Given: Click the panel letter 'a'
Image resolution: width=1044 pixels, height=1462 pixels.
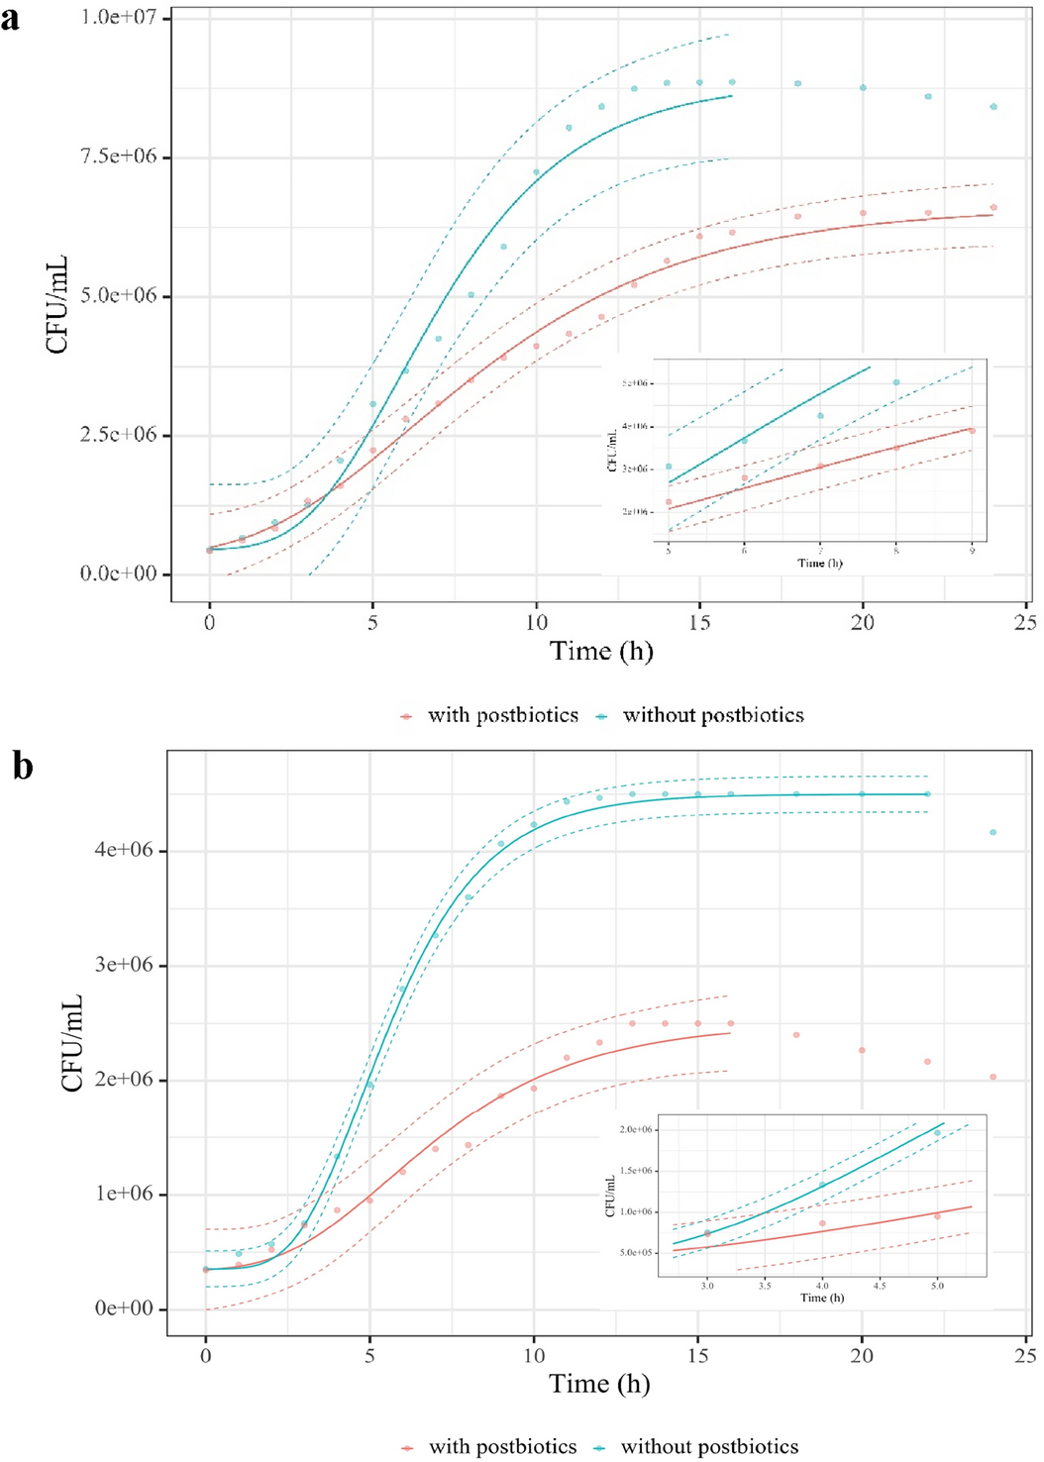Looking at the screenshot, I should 11,18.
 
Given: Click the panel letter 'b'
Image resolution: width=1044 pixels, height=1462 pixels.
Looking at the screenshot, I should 22,766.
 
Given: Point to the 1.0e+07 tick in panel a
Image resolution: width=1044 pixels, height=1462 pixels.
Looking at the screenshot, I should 119,18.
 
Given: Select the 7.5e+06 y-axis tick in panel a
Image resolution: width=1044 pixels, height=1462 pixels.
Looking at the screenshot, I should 119,157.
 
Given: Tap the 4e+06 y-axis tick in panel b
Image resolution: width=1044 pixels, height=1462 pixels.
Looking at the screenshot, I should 124,850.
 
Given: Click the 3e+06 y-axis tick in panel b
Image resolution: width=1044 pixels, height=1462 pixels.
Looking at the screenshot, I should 124,965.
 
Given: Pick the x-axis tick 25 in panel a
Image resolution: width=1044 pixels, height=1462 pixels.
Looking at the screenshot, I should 1025,622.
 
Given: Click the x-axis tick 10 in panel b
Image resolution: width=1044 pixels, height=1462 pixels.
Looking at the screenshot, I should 534,1355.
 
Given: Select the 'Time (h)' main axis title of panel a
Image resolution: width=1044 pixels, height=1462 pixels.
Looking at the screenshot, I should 601,651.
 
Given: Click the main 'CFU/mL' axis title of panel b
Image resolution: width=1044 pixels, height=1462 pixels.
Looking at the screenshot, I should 71,1043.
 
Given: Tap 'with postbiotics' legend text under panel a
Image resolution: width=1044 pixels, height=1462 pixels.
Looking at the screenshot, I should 502,715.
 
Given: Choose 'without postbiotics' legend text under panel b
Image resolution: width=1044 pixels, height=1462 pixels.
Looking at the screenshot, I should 709,1446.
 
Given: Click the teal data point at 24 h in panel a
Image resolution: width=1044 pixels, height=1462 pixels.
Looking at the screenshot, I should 993,107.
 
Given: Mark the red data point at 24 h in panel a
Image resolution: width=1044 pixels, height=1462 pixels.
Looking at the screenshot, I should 993,208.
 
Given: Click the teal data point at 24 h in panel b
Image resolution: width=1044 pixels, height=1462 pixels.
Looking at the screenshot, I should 992,832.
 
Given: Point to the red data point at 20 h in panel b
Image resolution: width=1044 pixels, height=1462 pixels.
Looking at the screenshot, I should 862,1050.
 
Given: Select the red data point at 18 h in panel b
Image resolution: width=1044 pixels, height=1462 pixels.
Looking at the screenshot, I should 796,1035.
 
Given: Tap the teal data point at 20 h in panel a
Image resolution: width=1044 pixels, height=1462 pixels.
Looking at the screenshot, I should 863,88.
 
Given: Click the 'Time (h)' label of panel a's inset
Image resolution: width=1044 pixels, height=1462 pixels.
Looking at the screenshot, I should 820,563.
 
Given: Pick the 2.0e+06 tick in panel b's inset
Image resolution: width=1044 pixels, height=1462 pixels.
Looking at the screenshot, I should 636,1129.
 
